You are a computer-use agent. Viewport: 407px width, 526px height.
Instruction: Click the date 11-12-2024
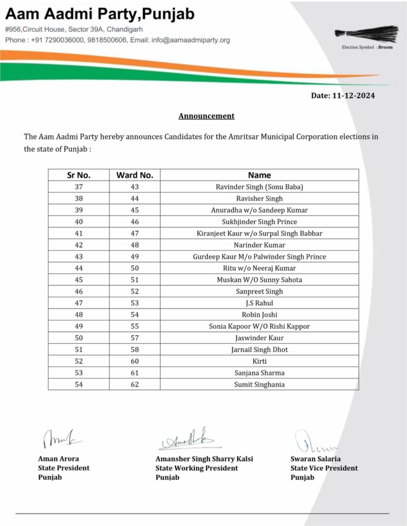pyautogui.click(x=346, y=96)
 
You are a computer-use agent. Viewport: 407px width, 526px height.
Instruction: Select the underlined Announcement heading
pyautogui.click(x=206, y=116)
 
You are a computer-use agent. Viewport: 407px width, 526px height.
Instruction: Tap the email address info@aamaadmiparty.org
pyautogui.click(x=191, y=40)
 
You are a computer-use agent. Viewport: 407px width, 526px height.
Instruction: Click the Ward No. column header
pyautogui.click(x=135, y=175)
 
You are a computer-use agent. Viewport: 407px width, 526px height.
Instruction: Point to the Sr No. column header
pyautogui.click(x=79, y=175)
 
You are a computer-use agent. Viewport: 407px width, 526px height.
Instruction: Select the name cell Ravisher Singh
pyautogui.click(x=260, y=198)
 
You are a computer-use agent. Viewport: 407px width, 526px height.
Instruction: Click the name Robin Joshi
pyautogui.click(x=260, y=314)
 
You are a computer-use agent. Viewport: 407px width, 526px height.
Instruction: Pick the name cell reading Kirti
pyautogui.click(x=260, y=361)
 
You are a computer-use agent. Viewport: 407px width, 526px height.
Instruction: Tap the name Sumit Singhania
pyautogui.click(x=260, y=384)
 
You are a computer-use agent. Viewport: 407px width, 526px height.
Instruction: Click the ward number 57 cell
pyautogui.click(x=135, y=338)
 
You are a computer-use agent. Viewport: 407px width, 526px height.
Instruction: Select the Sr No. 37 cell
pyautogui.click(x=79, y=187)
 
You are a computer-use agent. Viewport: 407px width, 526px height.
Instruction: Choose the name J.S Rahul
pyautogui.click(x=260, y=303)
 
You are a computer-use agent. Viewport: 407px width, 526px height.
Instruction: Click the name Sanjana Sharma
pyautogui.click(x=260, y=373)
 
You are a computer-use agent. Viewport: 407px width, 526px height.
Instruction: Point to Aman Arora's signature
pyautogui.click(x=59, y=438)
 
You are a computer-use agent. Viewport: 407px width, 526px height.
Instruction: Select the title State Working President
pyautogui.click(x=197, y=468)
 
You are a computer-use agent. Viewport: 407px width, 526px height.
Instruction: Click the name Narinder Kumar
pyautogui.click(x=260, y=245)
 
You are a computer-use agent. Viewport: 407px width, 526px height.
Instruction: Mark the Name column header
pyautogui.click(x=260, y=175)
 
